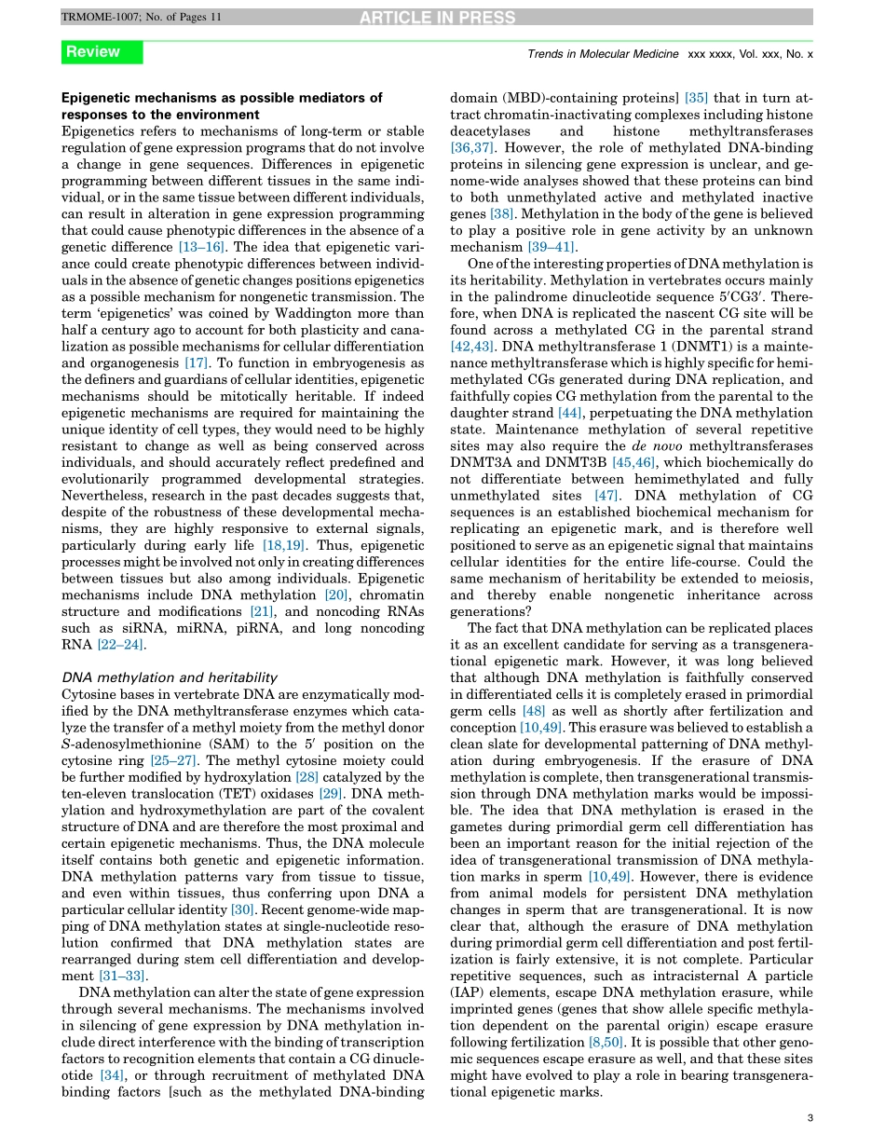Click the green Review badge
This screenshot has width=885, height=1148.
pos(102,52)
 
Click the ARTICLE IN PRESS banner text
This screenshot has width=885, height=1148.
pos(442,17)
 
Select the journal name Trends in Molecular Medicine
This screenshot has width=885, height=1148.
pos(603,54)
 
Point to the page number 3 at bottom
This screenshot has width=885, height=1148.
pos(810,1120)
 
